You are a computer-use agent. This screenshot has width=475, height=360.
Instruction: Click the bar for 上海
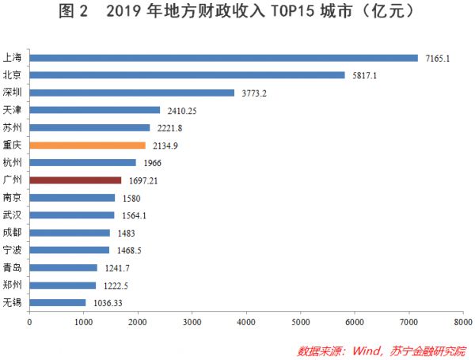point(223,58)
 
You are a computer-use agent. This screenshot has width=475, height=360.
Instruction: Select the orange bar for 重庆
point(87,146)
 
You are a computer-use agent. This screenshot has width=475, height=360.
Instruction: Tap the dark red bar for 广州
point(75,180)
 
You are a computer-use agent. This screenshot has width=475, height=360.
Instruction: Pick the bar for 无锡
point(57,302)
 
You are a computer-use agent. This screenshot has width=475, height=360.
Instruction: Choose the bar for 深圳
point(131,93)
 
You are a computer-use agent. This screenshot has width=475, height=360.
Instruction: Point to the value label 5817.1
point(364,75)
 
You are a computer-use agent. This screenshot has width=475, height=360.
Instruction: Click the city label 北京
point(13,75)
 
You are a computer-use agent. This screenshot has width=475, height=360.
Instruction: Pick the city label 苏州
point(13,127)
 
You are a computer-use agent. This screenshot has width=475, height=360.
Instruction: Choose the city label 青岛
point(13,267)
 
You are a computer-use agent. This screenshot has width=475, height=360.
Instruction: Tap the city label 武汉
point(13,215)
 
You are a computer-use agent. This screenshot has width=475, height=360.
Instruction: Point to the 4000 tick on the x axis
point(245,323)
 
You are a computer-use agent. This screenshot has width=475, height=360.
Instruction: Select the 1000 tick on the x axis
point(83,323)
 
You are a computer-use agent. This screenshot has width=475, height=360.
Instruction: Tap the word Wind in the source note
point(367,349)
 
